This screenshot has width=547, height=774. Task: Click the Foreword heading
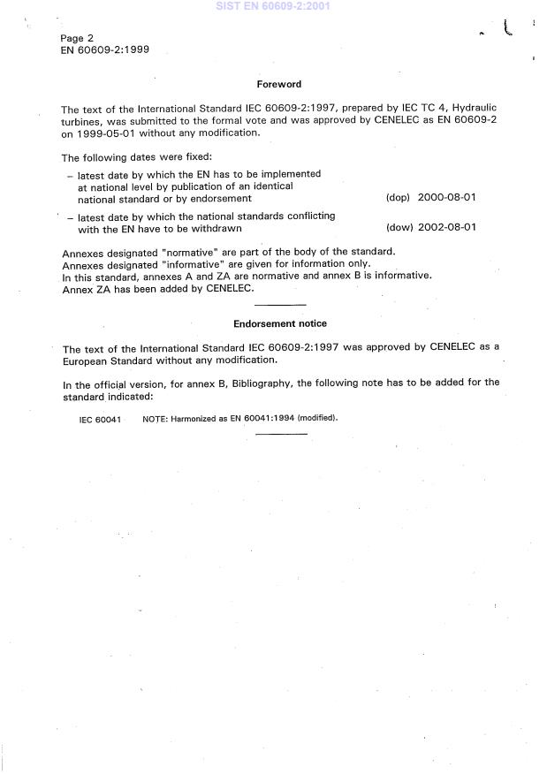(x=278, y=84)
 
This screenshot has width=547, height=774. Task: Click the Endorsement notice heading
(x=279, y=323)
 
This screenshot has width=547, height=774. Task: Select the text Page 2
(x=77, y=38)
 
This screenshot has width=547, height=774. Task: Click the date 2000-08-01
(x=446, y=198)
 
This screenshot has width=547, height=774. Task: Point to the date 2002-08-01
(x=446, y=227)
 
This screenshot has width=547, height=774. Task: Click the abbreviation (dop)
(x=398, y=198)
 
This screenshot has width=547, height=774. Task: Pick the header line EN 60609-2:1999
(x=104, y=50)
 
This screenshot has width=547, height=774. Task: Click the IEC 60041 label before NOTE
(x=100, y=418)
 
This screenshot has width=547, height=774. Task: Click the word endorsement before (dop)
(x=223, y=199)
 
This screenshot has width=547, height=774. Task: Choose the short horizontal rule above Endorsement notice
(x=279, y=306)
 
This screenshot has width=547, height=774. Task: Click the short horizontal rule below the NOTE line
(x=279, y=433)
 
